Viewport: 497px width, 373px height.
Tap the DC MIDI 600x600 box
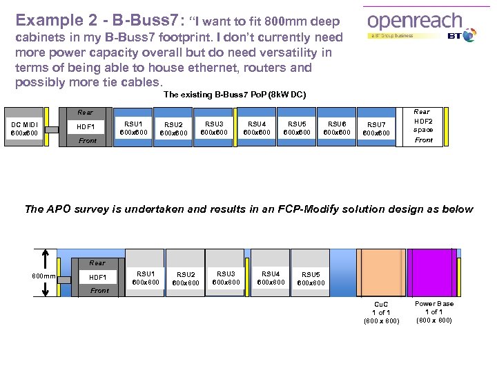tap(25, 128)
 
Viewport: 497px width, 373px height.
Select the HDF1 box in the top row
tap(86, 126)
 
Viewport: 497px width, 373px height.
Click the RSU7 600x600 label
tap(376, 129)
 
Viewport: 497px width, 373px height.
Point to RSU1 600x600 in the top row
tap(134, 128)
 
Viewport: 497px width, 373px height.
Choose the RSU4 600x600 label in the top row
tap(257, 128)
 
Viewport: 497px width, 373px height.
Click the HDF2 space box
tap(423, 126)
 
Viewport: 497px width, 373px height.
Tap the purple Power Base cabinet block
tap(433, 272)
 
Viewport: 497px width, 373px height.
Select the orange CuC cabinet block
tap(380, 272)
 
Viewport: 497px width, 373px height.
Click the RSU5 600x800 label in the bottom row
tap(311, 278)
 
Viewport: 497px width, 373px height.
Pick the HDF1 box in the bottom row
tap(97, 277)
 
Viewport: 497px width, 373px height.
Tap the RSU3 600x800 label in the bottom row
tap(226, 277)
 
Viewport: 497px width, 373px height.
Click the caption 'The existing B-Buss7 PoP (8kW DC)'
tap(235, 95)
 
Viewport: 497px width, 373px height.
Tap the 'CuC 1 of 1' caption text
tap(381, 312)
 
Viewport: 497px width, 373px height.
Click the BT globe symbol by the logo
tap(469, 35)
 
